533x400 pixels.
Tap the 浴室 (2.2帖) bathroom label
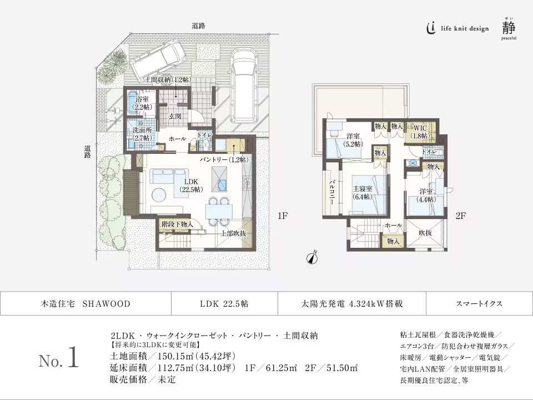[139, 103]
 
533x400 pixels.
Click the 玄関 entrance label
[176, 117]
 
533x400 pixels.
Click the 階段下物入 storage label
[177, 224]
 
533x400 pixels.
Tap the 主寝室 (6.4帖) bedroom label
[364, 192]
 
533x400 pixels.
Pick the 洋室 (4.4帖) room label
[427, 196]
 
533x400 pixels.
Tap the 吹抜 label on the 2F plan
[425, 233]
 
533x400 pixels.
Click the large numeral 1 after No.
[72, 359]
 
